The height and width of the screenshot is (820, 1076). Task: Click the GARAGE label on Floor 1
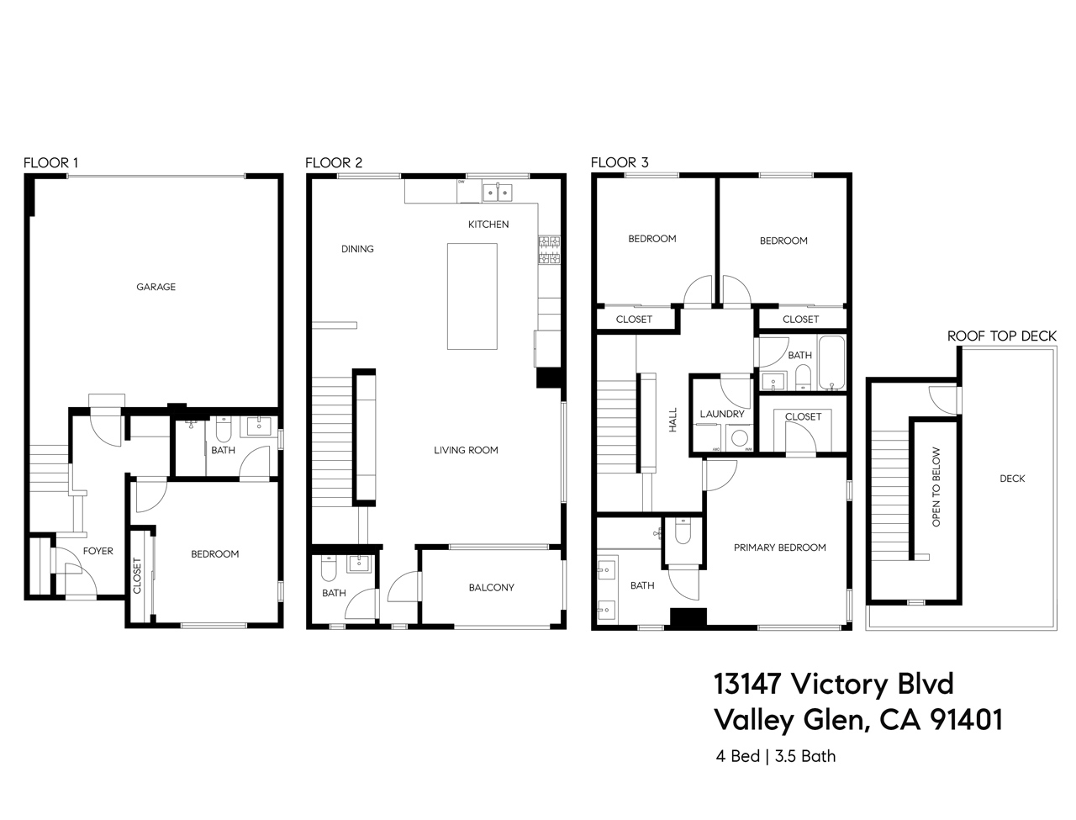(x=156, y=287)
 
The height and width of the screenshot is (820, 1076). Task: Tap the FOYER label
(x=98, y=551)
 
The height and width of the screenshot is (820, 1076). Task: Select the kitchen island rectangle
(x=472, y=296)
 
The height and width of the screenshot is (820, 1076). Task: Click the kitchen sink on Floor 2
(x=496, y=193)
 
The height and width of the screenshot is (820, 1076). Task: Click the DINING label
(x=357, y=249)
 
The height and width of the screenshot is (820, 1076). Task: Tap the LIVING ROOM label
(x=466, y=450)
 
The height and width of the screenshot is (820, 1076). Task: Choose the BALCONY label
(x=491, y=587)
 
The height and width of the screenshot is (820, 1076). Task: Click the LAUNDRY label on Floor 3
(x=722, y=414)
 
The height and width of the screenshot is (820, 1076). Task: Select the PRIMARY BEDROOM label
(x=779, y=548)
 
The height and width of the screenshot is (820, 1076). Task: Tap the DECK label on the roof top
(x=1012, y=479)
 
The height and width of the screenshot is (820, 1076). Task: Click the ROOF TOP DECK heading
(x=1001, y=336)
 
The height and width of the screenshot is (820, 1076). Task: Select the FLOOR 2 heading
(x=334, y=162)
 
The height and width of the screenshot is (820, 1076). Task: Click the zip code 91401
(x=963, y=720)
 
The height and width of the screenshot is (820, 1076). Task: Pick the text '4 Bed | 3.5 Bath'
(x=775, y=756)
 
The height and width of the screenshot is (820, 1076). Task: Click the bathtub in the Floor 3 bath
(x=831, y=363)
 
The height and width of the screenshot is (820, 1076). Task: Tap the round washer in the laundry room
(x=740, y=438)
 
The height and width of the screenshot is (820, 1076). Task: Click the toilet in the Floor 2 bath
(x=329, y=570)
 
